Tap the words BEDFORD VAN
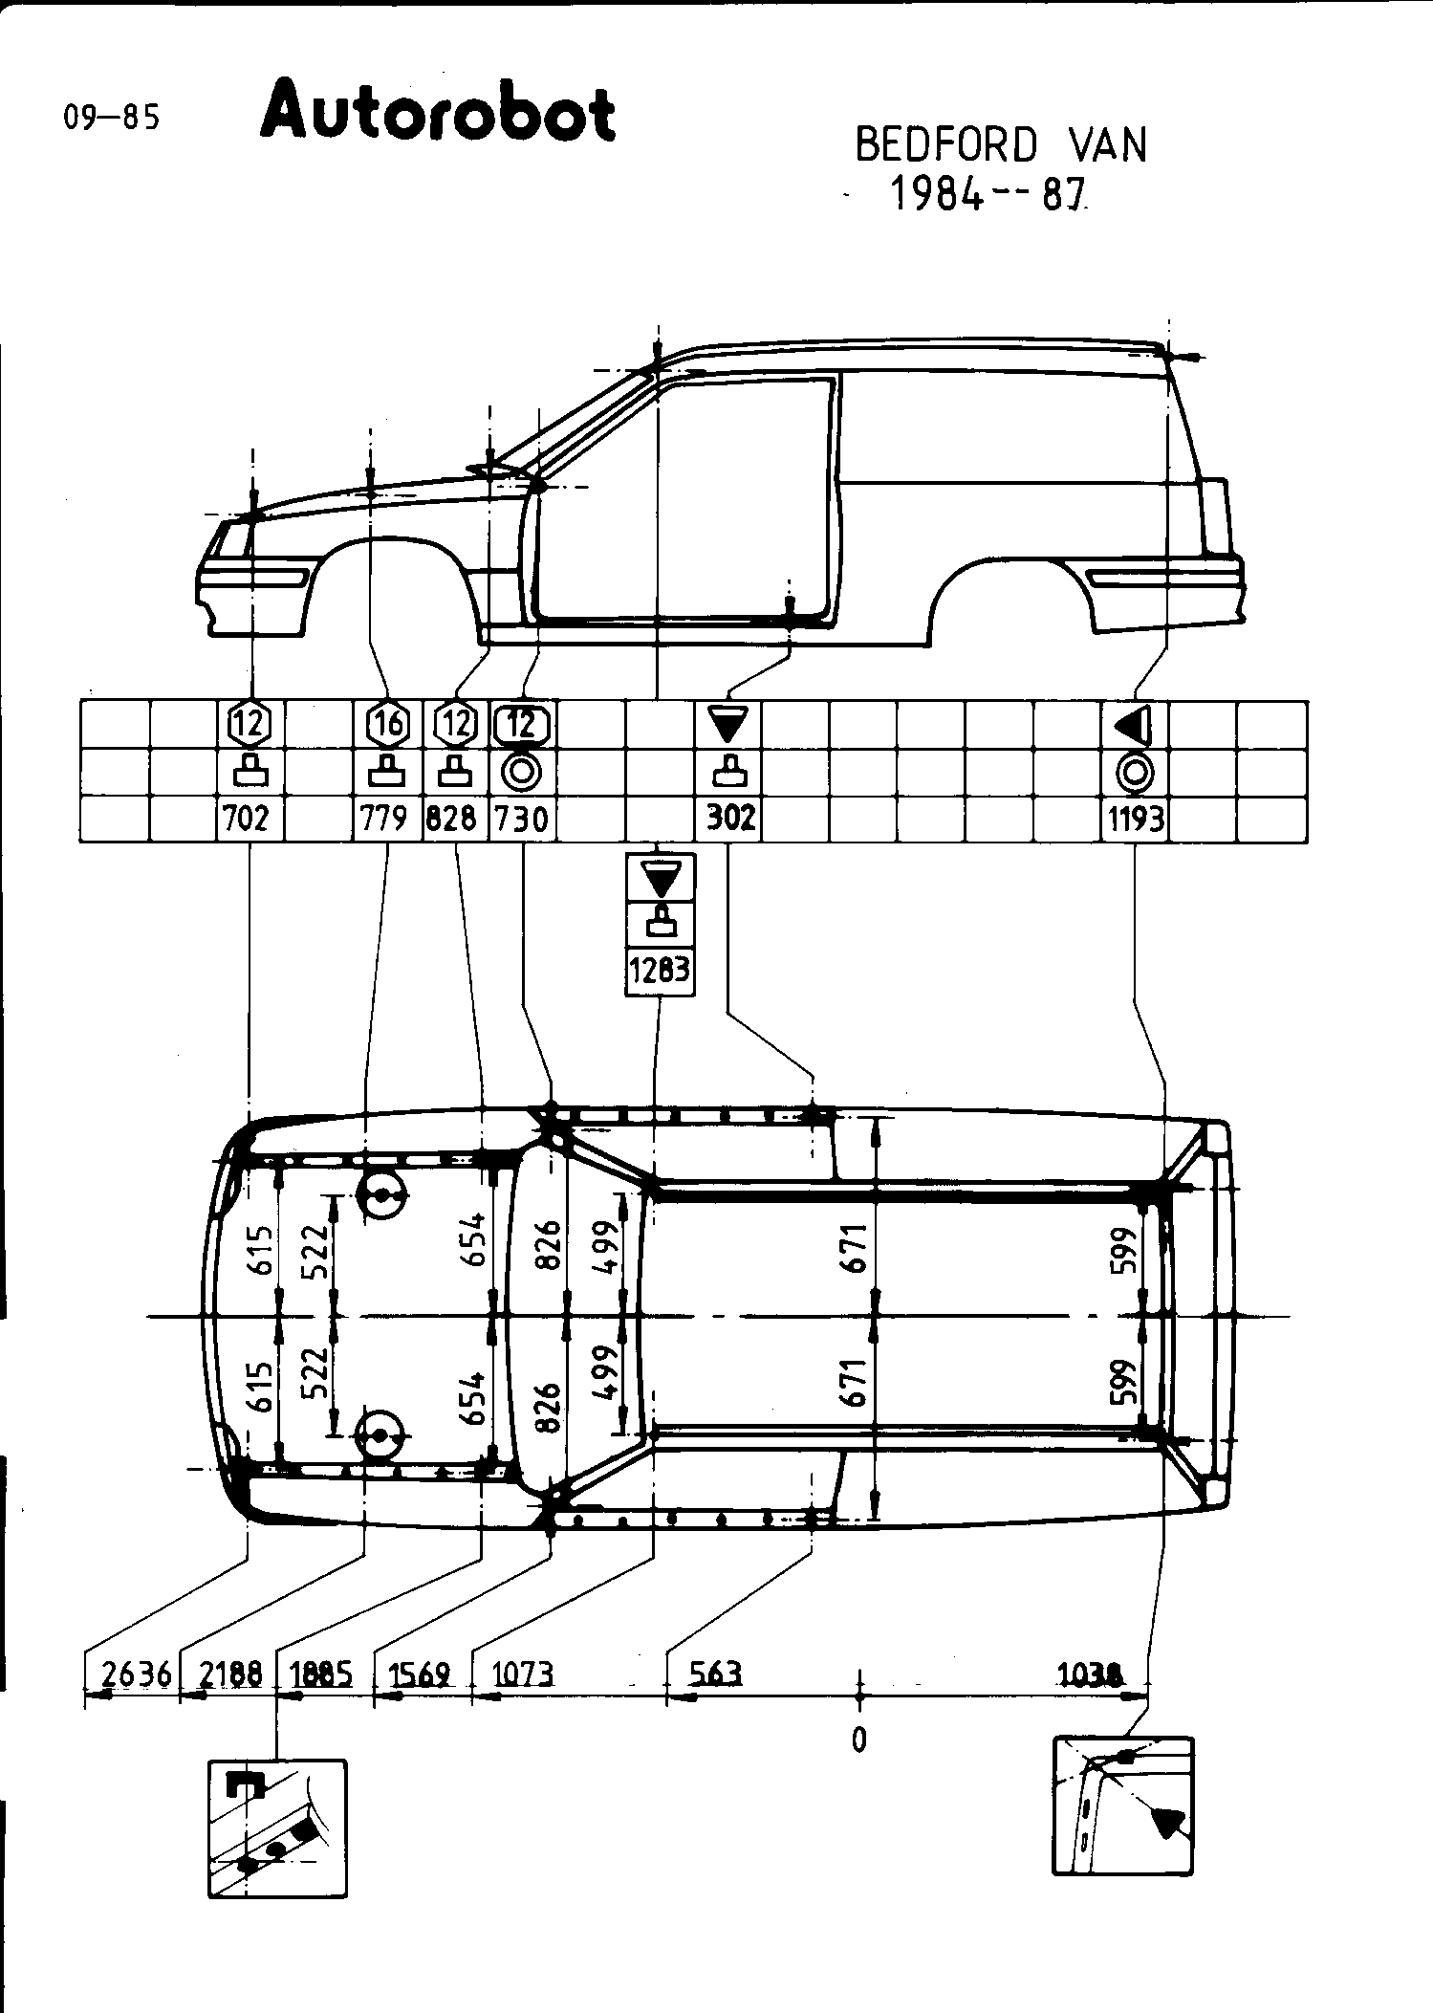coord(1000,145)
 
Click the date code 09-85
coord(111,118)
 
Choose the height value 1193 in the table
coord(1136,819)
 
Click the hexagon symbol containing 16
coord(388,725)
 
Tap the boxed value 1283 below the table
coord(660,972)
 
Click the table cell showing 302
coord(730,819)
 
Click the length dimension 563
coord(715,1674)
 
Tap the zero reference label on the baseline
coord(858,1739)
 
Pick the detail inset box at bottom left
coord(277,1827)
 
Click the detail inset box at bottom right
coord(1122,1805)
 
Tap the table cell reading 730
coord(522,819)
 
